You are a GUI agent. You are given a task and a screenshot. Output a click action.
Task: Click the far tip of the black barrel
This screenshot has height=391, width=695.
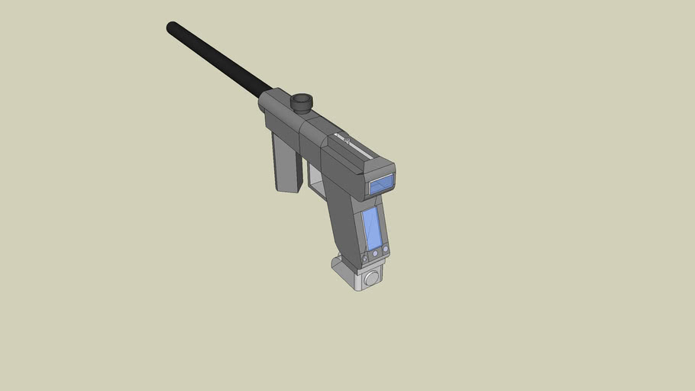172,27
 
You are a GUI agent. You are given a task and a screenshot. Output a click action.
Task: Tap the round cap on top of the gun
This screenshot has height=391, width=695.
302,100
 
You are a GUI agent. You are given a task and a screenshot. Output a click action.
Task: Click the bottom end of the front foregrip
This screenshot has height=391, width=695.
288,188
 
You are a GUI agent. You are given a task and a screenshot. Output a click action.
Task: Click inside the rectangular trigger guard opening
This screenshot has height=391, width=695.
316,176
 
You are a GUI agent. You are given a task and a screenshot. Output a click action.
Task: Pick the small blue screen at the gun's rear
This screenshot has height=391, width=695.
381,183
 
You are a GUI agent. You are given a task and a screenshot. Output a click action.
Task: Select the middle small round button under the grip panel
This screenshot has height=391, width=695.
376,253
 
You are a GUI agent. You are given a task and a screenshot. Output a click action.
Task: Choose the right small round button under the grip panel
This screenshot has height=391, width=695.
386,249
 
